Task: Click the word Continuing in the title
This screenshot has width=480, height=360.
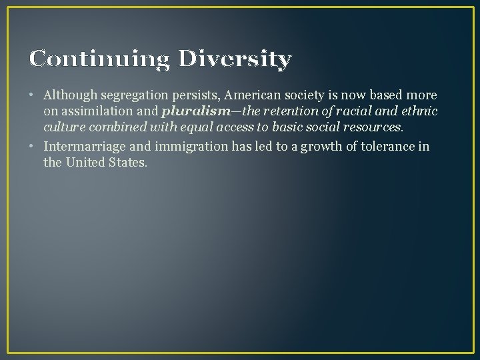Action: pyautogui.click(x=99, y=59)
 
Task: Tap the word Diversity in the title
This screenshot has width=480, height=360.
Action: pyautogui.click(x=235, y=59)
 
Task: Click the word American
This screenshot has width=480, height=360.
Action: pyautogui.click(x=251, y=96)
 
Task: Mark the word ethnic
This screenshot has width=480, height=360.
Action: pyautogui.click(x=419, y=111)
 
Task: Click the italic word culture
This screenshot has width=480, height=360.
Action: pyautogui.click(x=63, y=126)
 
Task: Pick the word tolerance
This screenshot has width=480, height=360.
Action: pyautogui.click(x=389, y=147)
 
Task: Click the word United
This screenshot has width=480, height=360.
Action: pyautogui.click(x=83, y=161)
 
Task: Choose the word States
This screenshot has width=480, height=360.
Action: pyautogui.click(x=127, y=161)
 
